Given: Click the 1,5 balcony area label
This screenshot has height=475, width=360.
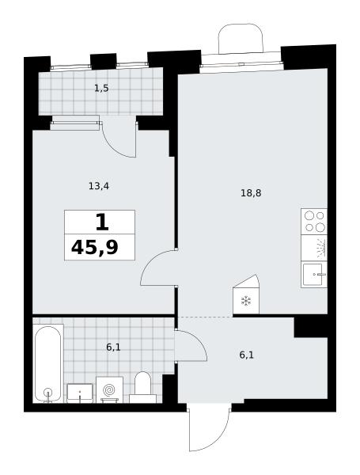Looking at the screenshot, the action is (x=101, y=89).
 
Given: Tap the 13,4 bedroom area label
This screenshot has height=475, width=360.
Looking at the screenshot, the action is (x=99, y=186).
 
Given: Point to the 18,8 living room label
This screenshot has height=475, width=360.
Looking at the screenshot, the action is (x=251, y=192).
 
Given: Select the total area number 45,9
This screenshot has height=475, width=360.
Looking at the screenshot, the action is (x=94, y=248).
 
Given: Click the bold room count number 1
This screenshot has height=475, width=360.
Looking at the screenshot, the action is (x=102, y=222).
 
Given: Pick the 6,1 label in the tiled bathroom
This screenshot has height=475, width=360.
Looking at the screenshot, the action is (x=113, y=348).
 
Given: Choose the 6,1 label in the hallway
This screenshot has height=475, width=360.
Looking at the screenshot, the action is (x=246, y=355).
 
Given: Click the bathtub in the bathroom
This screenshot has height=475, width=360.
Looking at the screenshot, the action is (x=47, y=363).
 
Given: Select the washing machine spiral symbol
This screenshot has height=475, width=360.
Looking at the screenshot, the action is (x=109, y=389).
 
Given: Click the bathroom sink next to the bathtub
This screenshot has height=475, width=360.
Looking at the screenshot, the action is (x=80, y=393).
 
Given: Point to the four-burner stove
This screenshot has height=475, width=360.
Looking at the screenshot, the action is (x=314, y=221).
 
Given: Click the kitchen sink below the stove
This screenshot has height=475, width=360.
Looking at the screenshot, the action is (x=314, y=275).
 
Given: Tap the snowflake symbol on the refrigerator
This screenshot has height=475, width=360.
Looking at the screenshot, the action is (x=246, y=301).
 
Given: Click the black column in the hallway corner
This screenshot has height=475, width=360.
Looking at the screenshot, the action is (x=311, y=327).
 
